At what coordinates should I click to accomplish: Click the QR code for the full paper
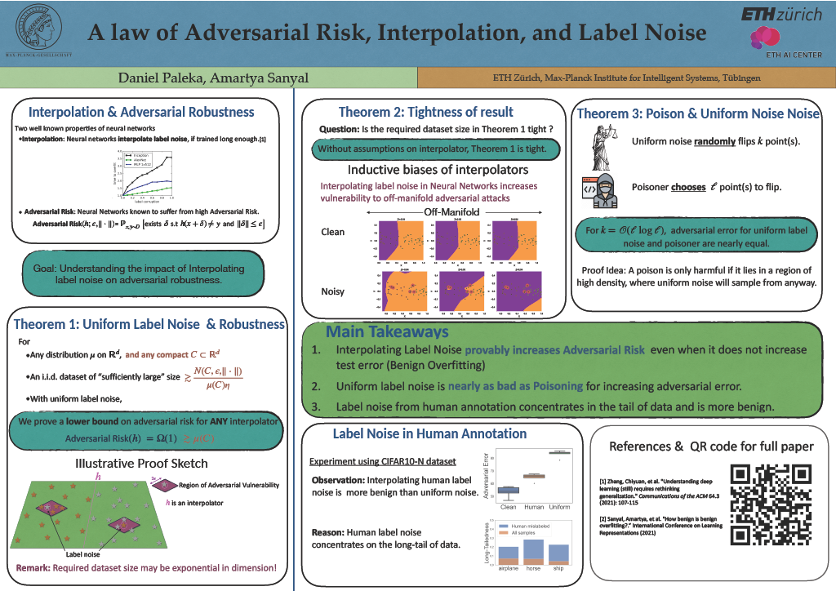click(x=771, y=504)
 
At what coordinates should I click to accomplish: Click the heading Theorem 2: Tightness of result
click(x=425, y=112)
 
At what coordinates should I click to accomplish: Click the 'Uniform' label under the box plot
click(x=560, y=507)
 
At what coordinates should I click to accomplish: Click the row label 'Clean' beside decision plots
click(x=334, y=232)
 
